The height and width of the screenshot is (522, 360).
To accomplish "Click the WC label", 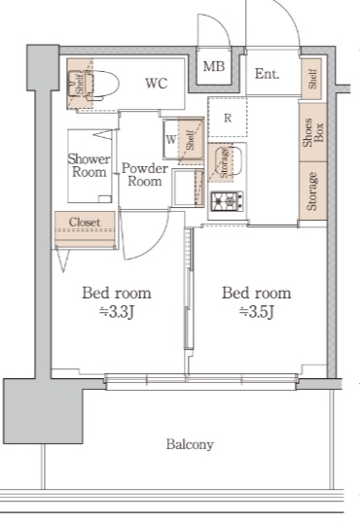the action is pyautogui.click(x=157, y=84).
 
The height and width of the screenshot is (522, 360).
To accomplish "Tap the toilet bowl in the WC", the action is pyautogui.click(x=103, y=85).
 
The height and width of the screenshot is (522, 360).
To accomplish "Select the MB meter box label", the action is pyautogui.click(x=214, y=66).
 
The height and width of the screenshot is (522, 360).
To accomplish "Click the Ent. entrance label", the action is pyautogui.click(x=267, y=74).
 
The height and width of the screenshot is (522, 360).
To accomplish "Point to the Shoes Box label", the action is pyautogui.click(x=312, y=132).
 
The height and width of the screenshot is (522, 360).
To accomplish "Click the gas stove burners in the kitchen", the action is pyautogui.click(x=227, y=201).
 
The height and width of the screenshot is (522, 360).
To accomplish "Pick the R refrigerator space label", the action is pyautogui.click(x=228, y=118).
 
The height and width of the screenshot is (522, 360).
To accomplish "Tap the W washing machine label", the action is pyautogui.click(x=170, y=139).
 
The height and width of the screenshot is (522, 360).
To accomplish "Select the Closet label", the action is pyautogui.click(x=85, y=222).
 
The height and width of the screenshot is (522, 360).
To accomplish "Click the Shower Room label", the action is pyautogui.click(x=89, y=165).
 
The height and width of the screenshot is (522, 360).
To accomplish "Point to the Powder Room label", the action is pyautogui.click(x=145, y=175).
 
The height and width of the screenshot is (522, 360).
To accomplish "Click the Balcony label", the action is pyautogui.click(x=190, y=444).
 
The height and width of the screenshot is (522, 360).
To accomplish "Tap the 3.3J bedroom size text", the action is pyautogui.click(x=117, y=312).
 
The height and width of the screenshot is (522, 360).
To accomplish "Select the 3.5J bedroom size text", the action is pyautogui.click(x=256, y=312).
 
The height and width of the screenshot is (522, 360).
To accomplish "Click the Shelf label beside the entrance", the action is pyautogui.click(x=312, y=79).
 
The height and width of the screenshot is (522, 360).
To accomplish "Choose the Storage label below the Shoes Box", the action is pyautogui.click(x=311, y=191).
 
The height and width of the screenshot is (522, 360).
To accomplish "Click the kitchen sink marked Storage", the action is pyautogui.click(x=226, y=161).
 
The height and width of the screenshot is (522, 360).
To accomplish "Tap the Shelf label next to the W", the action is pyautogui.click(x=190, y=140).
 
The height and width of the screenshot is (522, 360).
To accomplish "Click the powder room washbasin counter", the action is pyautogui.click(x=188, y=188).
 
